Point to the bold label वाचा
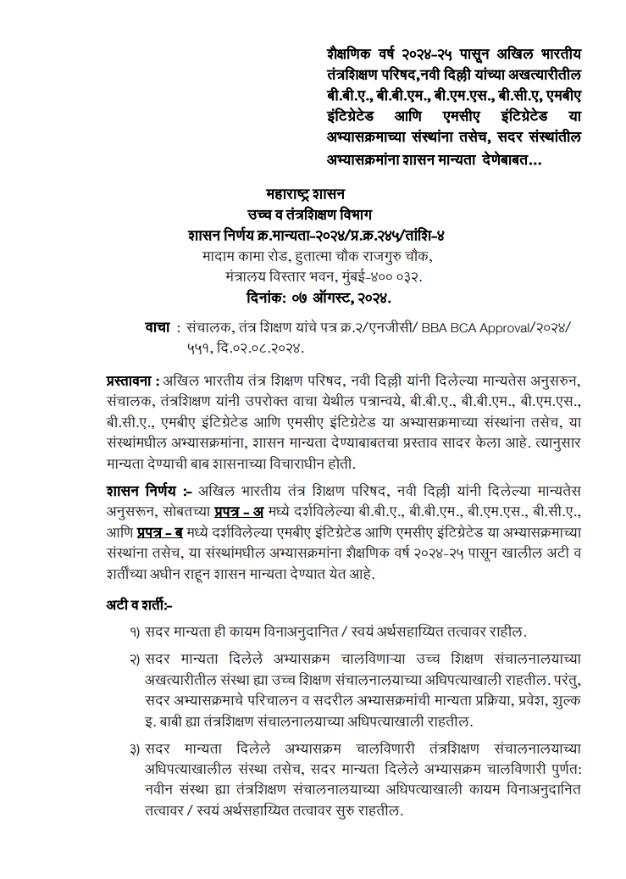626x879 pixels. click(158, 327)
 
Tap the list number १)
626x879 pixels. click(135, 632)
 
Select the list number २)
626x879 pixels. click(135, 659)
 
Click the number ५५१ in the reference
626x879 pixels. click(202, 348)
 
